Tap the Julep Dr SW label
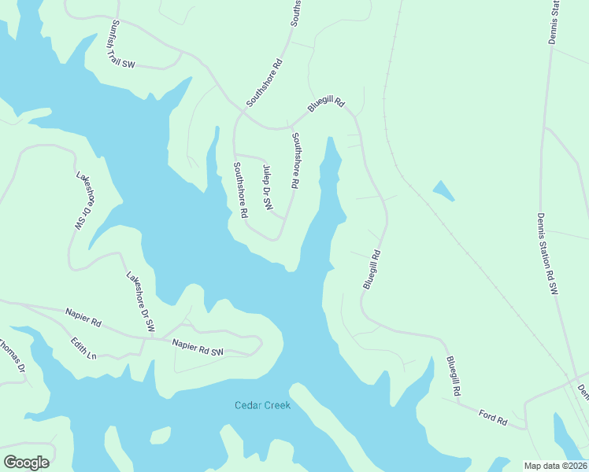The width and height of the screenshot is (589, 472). [x=268, y=188]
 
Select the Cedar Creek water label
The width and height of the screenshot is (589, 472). [x=263, y=406]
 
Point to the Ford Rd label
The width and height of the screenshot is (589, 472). [x=493, y=417]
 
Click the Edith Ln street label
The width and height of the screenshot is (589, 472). [x=83, y=347]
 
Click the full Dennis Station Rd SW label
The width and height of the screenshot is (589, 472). [x=547, y=253]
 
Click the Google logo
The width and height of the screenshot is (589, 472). [x=26, y=463]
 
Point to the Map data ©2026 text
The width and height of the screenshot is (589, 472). [x=555, y=465]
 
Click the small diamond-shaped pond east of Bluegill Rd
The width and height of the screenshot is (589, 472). [x=444, y=190]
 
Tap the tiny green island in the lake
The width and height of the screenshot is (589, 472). [x=161, y=435]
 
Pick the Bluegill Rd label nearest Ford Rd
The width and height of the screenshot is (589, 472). [x=453, y=376]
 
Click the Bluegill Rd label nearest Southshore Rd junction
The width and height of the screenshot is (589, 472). [x=326, y=103]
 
